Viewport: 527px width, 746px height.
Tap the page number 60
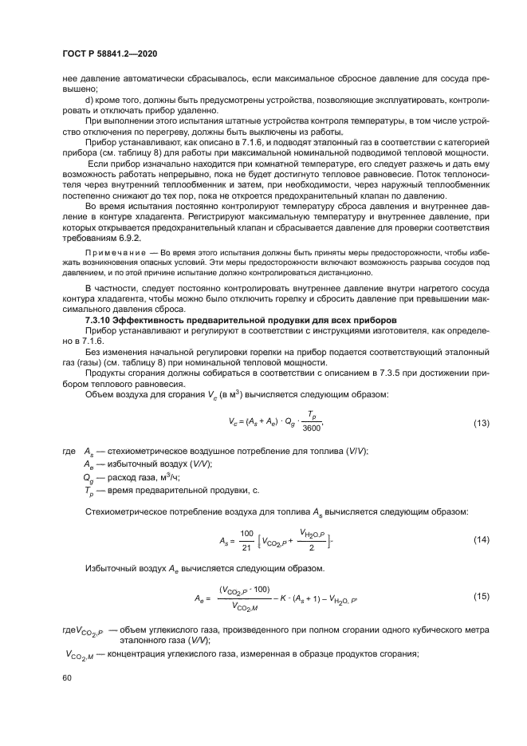pos(68,678)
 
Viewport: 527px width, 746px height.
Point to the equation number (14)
pos(481,540)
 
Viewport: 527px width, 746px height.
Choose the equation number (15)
pos(481,596)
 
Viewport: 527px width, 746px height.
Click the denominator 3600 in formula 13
pos(313,428)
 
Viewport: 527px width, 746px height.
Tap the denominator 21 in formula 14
pos(246,547)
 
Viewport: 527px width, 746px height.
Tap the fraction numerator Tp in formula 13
pos(313,415)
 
